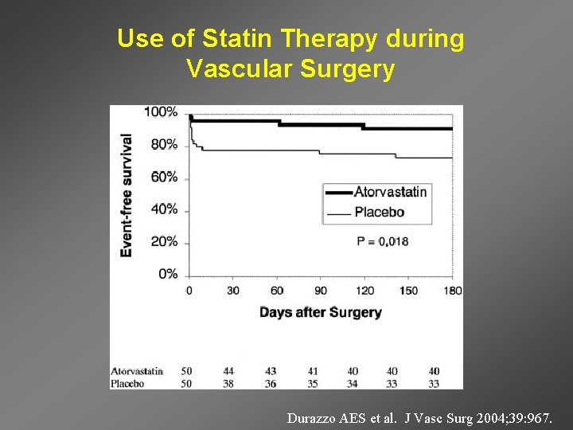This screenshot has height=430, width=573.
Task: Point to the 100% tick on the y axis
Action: click(x=161, y=112)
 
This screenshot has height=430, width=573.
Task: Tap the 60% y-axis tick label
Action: click(x=164, y=177)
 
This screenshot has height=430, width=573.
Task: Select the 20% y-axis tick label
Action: click(x=164, y=242)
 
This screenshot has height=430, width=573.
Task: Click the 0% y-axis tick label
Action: click(x=168, y=274)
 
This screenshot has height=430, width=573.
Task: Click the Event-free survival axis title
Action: click(x=127, y=195)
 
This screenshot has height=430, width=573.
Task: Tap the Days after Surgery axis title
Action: click(x=320, y=312)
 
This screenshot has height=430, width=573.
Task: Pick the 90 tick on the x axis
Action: click(x=320, y=291)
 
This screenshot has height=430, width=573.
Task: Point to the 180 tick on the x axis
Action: click(x=452, y=291)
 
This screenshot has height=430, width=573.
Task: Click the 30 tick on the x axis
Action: click(x=232, y=291)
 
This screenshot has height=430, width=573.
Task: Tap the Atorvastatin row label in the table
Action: click(x=137, y=371)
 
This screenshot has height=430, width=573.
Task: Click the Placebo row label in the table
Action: click(x=127, y=383)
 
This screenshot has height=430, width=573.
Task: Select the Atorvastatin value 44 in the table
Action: click(x=228, y=371)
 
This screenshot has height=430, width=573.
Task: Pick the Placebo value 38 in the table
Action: click(x=228, y=383)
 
